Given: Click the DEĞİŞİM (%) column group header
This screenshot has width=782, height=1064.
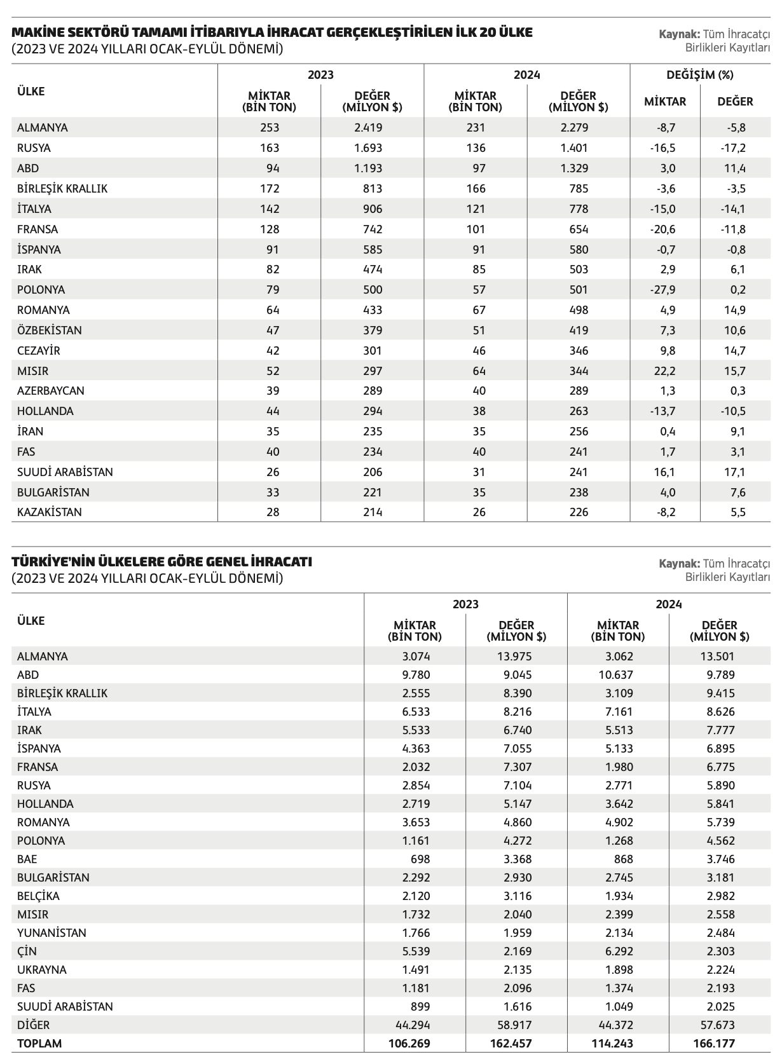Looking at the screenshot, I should coord(699,75).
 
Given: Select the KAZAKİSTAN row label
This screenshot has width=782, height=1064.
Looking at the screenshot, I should coord(50,512).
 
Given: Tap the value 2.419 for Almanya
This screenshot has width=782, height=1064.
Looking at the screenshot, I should coord(368,128).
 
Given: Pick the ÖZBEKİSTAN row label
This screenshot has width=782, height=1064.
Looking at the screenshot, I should coord(50,331).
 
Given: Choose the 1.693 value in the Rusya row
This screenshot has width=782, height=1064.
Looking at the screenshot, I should coord(368,148).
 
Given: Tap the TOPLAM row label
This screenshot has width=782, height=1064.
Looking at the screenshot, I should coord(40,1044).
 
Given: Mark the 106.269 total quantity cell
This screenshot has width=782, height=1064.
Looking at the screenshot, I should coord(411,1044).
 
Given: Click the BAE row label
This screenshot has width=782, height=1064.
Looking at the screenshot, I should coord(27,859).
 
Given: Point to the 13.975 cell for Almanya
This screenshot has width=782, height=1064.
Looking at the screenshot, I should coord(515,657).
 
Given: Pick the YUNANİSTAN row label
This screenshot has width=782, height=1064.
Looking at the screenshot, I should coord(51,933).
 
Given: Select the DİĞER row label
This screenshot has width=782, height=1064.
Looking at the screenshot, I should coord(33,1025).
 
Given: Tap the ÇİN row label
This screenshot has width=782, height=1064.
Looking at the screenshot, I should coord(27,951).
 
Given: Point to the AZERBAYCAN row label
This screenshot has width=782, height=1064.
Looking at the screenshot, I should coord(51,391).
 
